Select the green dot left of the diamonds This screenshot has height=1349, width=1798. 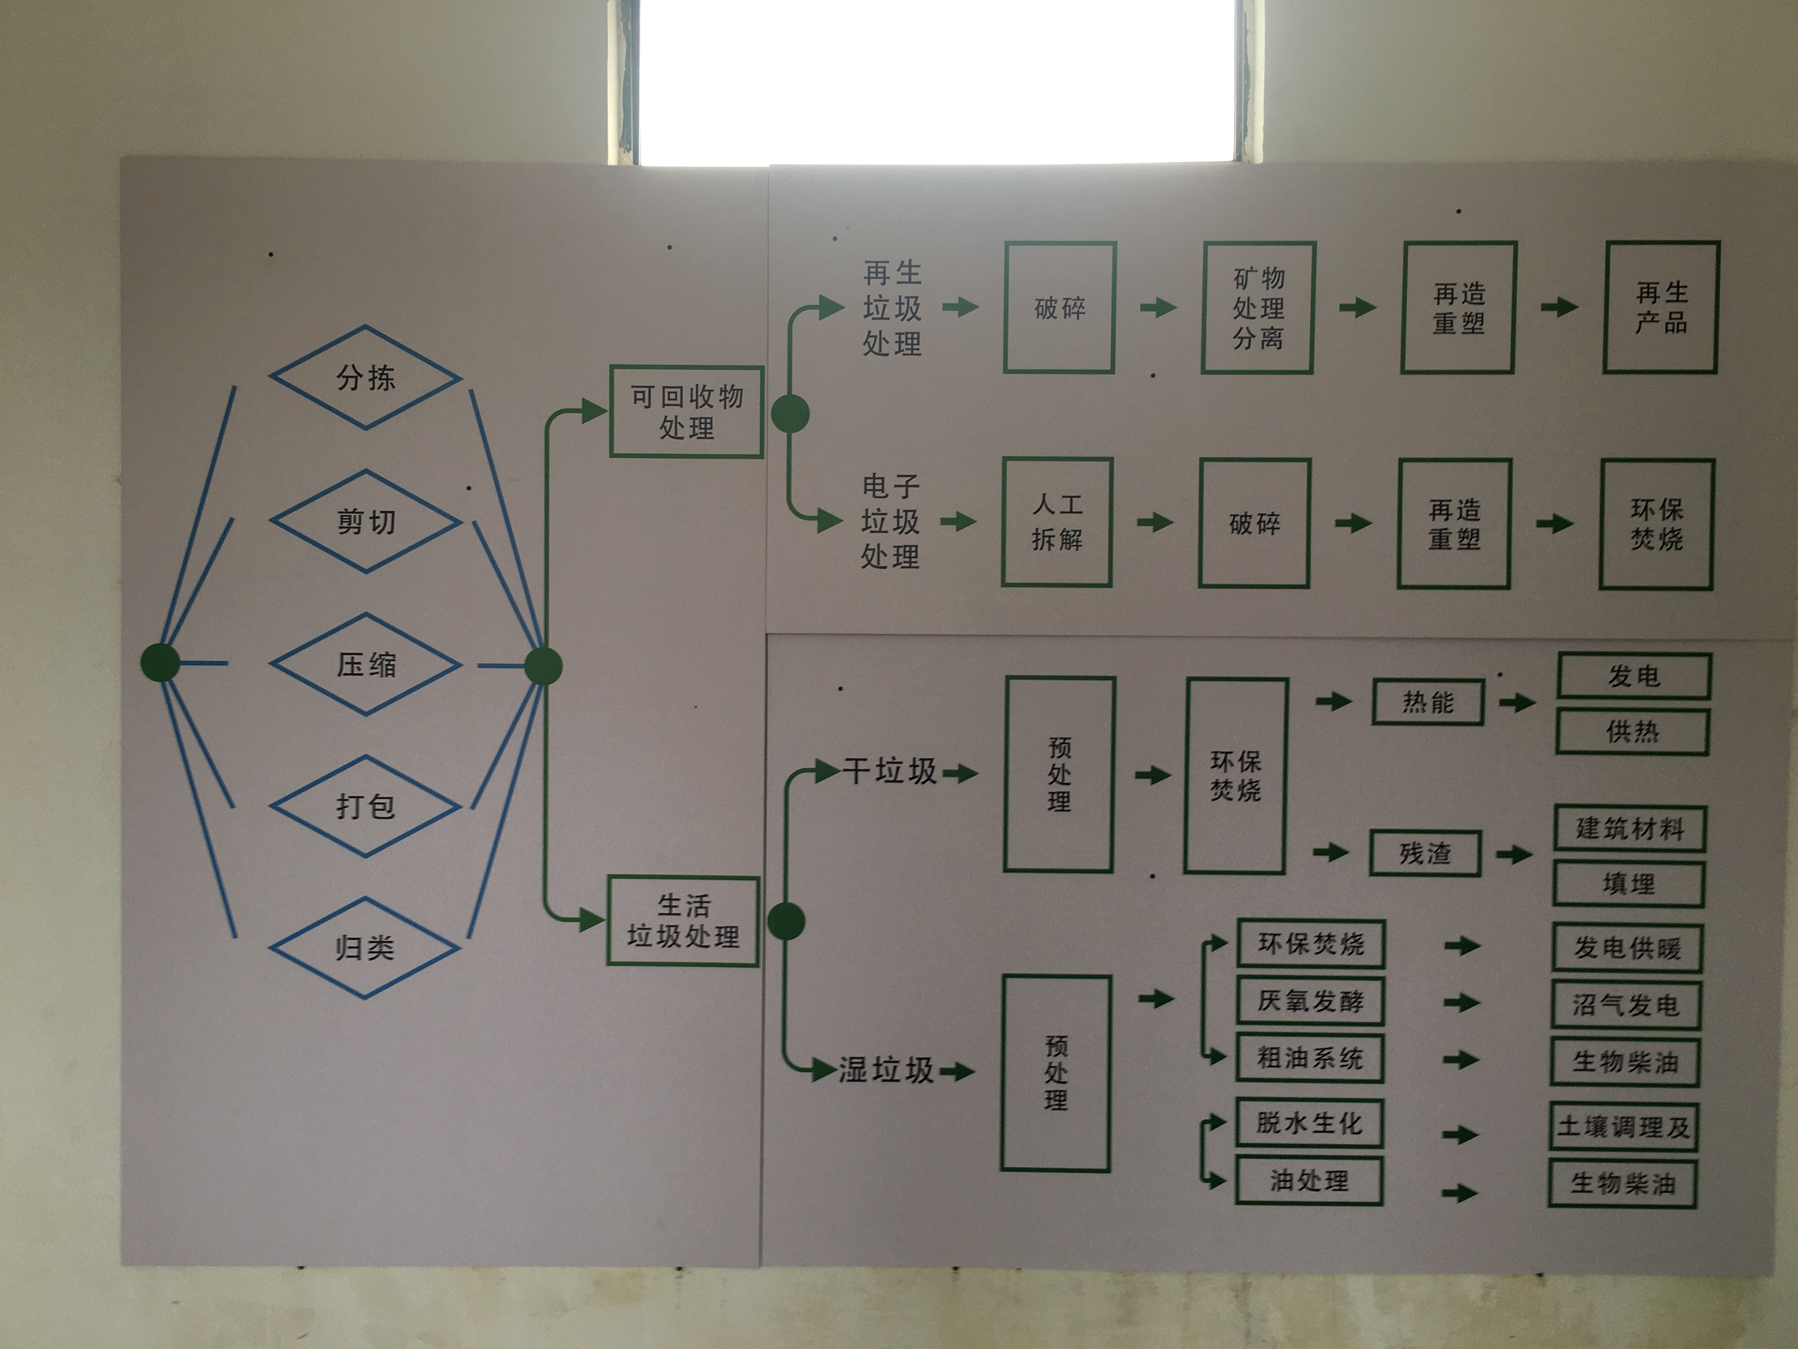pyautogui.click(x=160, y=663)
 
